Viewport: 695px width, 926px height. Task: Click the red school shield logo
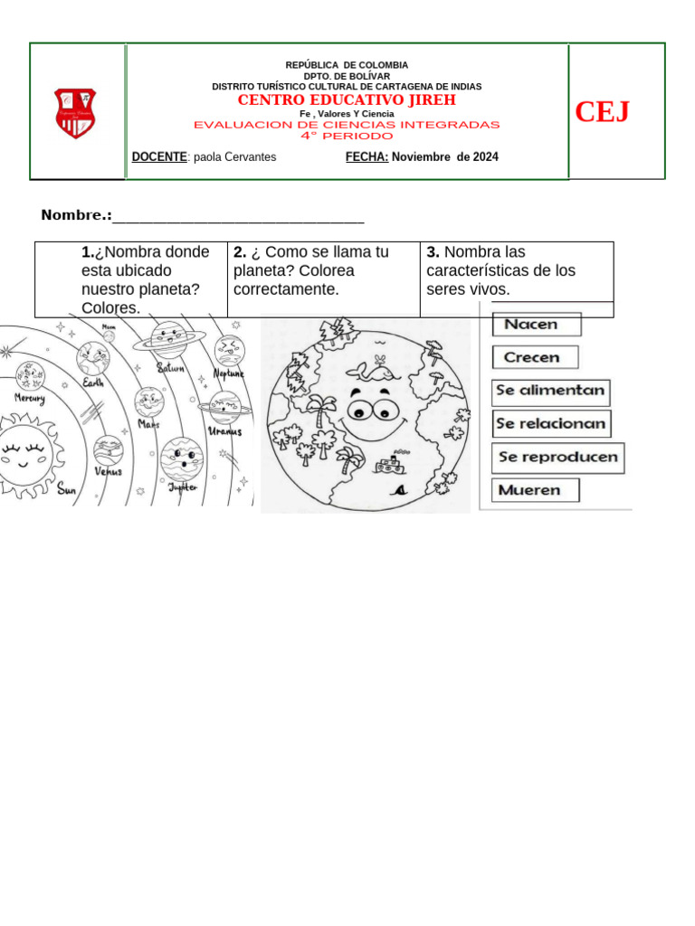[75, 113]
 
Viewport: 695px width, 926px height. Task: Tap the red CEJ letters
[602, 112]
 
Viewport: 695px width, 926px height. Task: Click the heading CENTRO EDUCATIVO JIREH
[347, 99]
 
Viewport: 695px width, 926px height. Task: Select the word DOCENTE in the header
[159, 157]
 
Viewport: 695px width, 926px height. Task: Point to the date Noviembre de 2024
[444, 157]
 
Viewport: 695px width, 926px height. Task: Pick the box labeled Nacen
[536, 325]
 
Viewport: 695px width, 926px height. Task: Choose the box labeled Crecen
[534, 357]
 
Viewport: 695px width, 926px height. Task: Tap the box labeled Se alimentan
[551, 392]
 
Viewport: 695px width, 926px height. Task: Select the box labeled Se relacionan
[551, 423]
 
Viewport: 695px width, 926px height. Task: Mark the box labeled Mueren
[535, 490]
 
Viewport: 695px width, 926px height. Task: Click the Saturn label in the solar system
[171, 368]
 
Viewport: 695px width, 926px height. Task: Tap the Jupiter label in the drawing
[182, 487]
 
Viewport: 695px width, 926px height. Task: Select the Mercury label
[31, 397]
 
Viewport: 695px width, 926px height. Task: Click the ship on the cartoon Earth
[387, 466]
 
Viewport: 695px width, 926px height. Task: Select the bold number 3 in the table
[432, 252]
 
